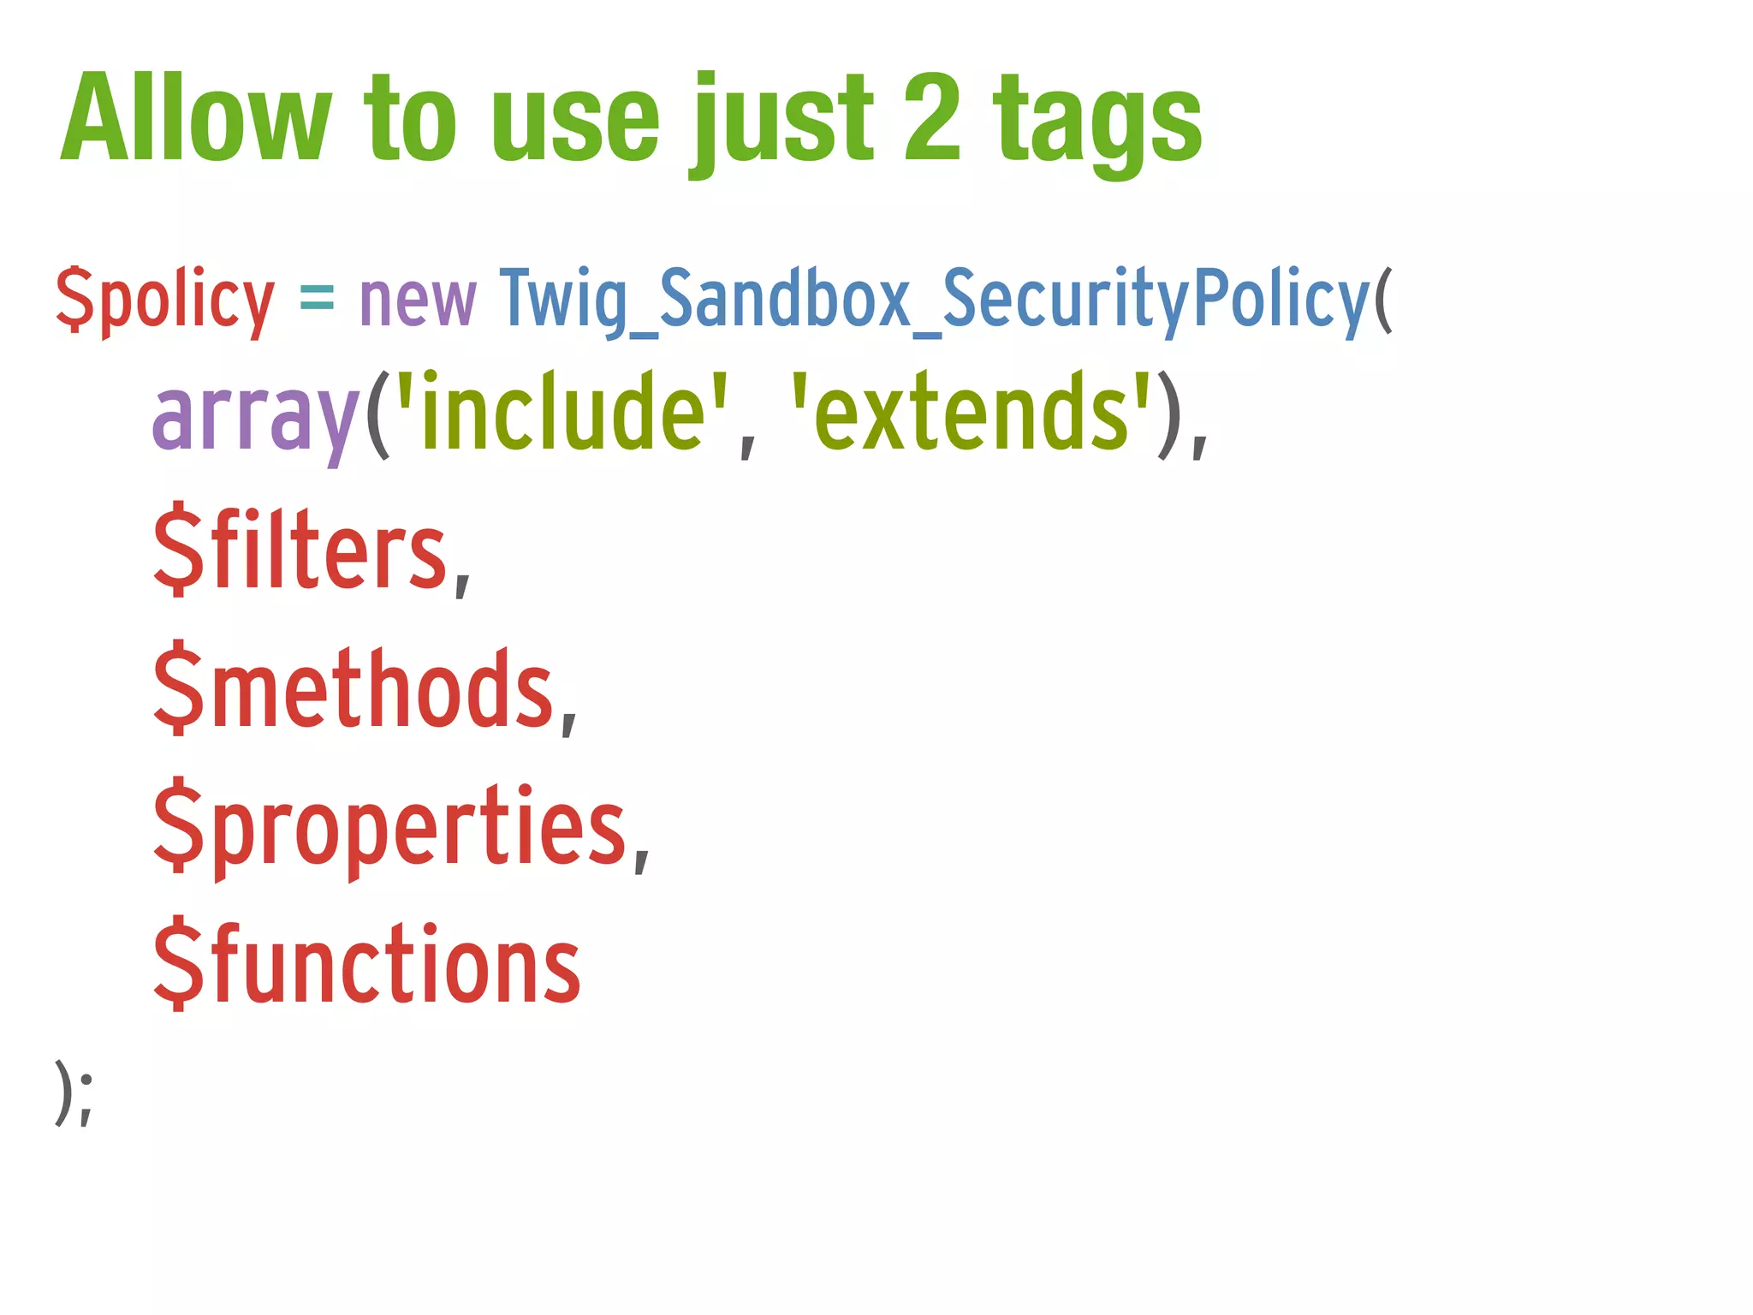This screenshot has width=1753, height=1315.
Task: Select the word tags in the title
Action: pyautogui.click(x=1097, y=124)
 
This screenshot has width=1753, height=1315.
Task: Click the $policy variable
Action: pyautogui.click(x=165, y=300)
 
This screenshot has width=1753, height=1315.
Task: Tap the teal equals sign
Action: pyautogui.click(x=317, y=300)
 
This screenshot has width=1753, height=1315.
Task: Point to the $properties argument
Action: pyautogui.click(x=389, y=827)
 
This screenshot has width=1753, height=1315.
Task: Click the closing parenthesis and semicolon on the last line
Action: pyautogui.click(x=74, y=1093)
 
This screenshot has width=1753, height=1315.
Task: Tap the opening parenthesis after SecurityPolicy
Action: pyautogui.click(x=1383, y=300)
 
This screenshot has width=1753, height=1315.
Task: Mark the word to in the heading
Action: pyautogui.click(x=409, y=120)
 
